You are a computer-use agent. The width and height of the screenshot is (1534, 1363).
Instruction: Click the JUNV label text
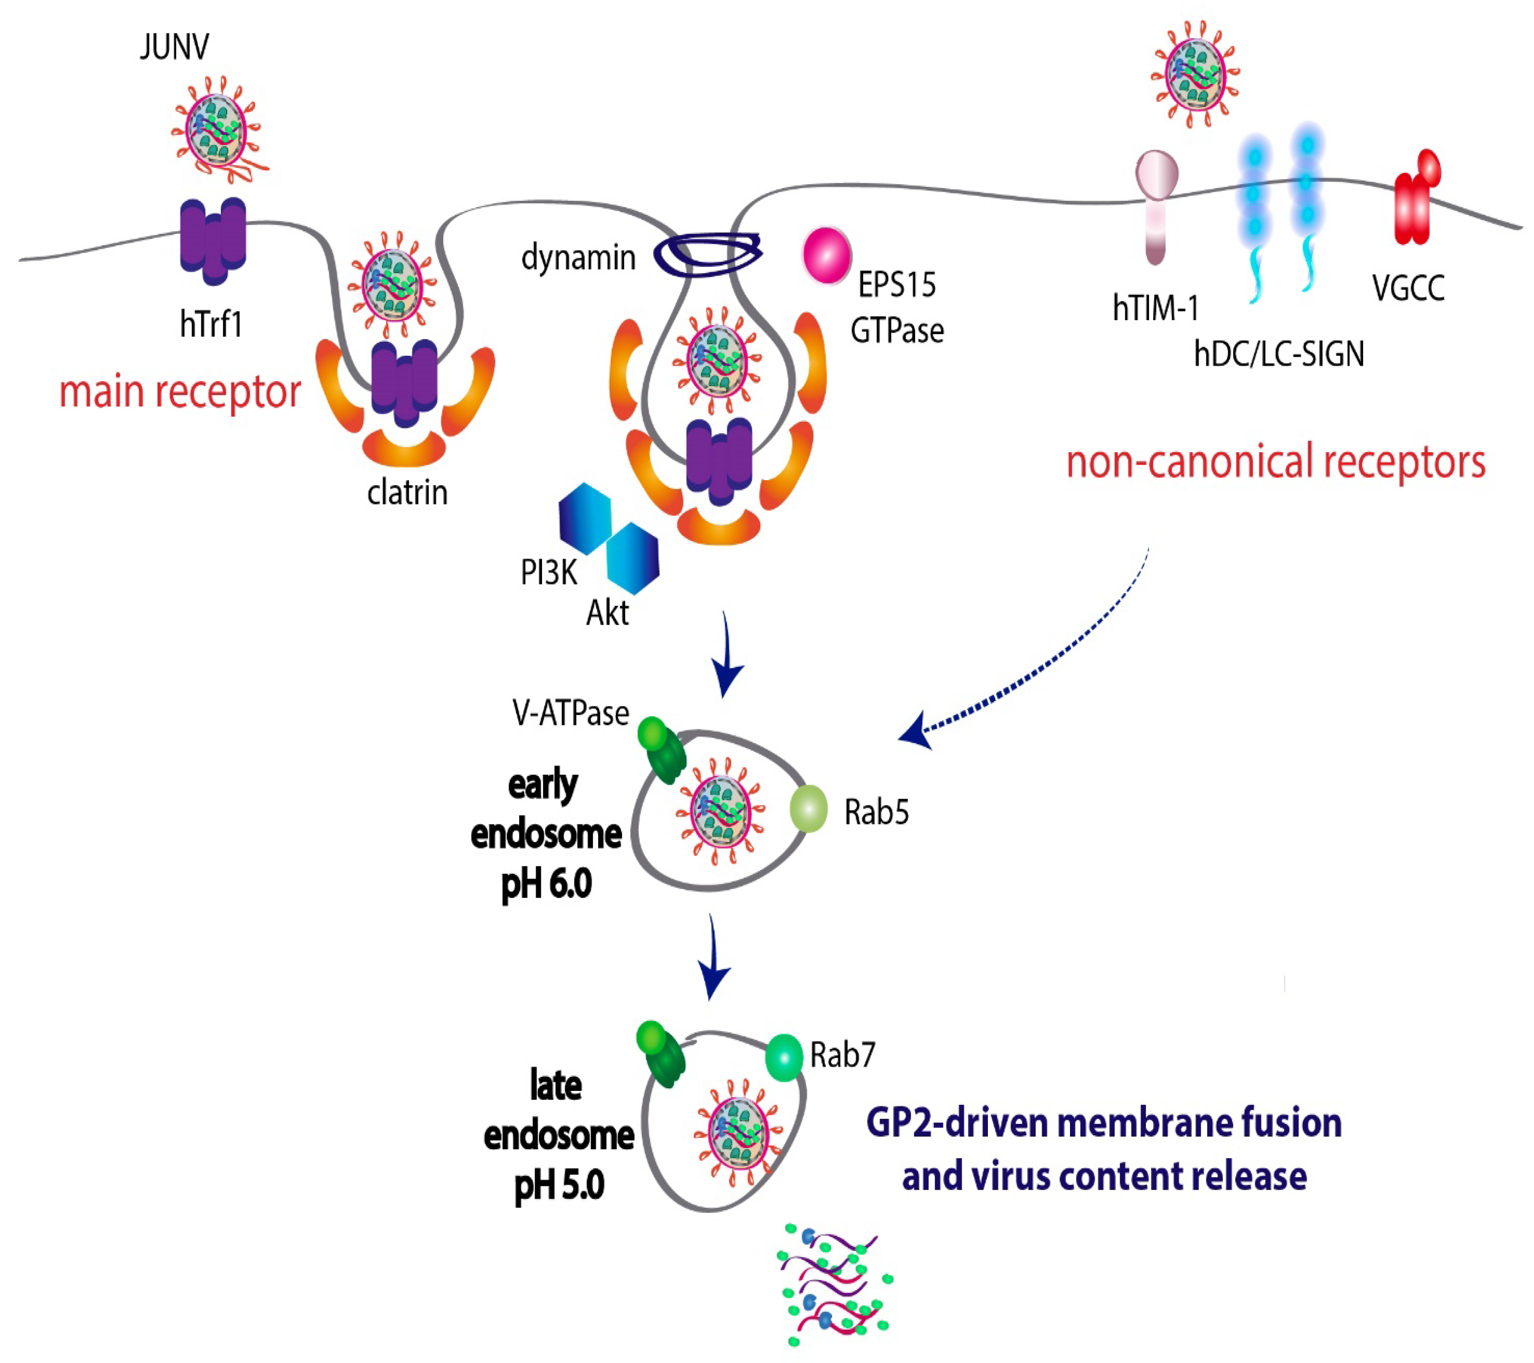[174, 46]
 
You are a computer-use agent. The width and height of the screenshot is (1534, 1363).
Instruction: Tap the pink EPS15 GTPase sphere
[826, 255]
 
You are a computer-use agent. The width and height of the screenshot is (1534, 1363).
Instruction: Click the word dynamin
[578, 258]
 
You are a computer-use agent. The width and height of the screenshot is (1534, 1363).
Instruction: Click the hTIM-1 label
[1155, 308]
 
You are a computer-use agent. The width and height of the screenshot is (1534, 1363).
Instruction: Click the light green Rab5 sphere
[808, 809]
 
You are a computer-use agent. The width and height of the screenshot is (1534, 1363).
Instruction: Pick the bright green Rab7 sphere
[784, 1057]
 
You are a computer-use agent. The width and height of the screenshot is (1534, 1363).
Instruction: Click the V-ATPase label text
[570, 713]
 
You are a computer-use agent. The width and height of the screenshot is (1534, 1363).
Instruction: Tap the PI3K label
[549, 573]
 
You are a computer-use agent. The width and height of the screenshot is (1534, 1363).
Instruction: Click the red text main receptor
[180, 392]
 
